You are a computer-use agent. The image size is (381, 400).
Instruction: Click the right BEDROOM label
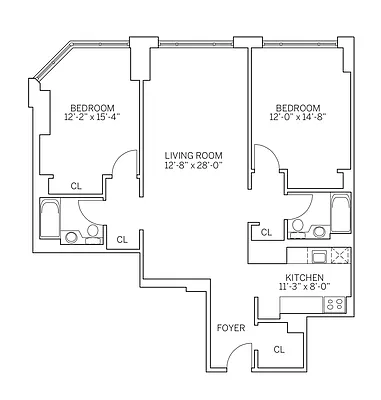297,107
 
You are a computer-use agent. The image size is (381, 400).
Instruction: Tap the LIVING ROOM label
192,155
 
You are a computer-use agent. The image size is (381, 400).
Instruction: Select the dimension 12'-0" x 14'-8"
297,118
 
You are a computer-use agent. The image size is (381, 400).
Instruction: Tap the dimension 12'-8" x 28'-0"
192,166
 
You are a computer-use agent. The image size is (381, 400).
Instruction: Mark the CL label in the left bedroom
76,186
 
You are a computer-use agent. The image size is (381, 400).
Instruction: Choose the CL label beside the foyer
279,350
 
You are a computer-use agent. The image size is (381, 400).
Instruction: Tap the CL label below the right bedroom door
266,232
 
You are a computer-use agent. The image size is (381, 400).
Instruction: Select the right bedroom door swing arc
266,158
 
